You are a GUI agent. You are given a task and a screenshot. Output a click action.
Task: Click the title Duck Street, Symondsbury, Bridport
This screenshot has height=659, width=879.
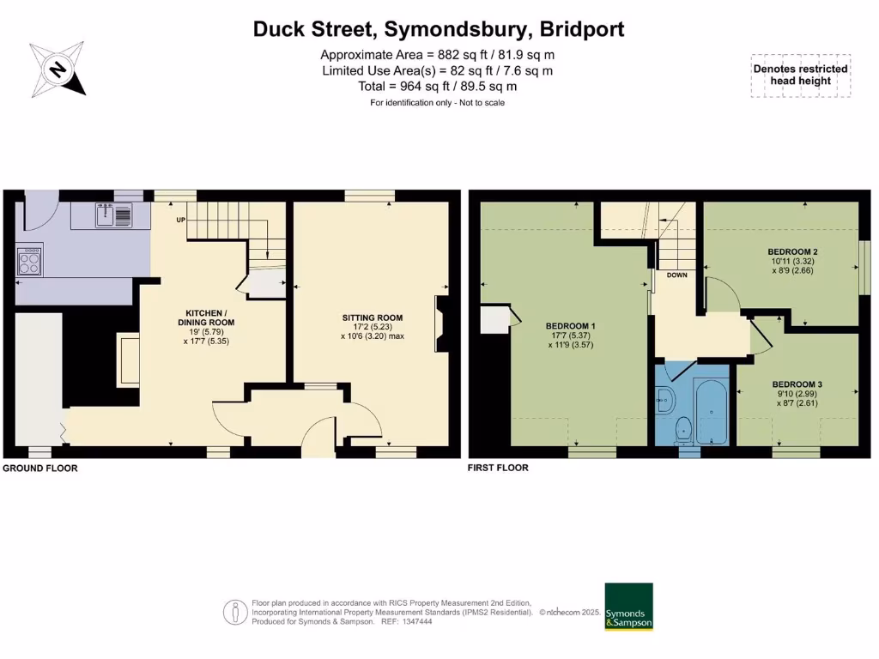pyautogui.click(x=439, y=29)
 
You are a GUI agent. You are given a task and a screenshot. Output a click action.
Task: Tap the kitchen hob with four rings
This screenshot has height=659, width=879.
pyautogui.click(x=30, y=260)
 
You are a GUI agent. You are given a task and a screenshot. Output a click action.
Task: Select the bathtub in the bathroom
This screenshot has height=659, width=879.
pyautogui.click(x=712, y=413)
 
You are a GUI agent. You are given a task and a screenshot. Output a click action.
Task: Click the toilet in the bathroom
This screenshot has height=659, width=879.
pyautogui.click(x=684, y=428)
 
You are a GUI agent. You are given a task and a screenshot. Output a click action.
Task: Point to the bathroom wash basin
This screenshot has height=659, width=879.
pyautogui.click(x=664, y=397)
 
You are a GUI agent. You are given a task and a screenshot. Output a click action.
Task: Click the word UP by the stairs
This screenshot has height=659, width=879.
pyautogui.click(x=181, y=221)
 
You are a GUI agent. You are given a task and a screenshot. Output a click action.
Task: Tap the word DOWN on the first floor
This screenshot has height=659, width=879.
pyautogui.click(x=677, y=276)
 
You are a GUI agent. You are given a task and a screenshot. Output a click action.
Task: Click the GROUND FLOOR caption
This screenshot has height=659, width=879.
pyautogui.click(x=40, y=469)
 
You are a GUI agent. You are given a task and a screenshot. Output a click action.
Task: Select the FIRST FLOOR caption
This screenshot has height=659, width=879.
pyautogui.click(x=498, y=469)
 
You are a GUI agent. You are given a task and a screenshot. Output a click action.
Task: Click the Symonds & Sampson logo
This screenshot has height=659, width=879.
pyautogui.click(x=628, y=608)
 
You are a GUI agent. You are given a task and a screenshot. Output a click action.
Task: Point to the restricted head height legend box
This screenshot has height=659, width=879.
pyautogui.click(x=800, y=76)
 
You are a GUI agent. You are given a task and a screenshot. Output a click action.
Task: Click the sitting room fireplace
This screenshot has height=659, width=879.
pyautogui.click(x=441, y=324)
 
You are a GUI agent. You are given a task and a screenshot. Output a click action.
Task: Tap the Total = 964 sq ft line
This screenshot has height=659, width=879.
pyautogui.click(x=437, y=87)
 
